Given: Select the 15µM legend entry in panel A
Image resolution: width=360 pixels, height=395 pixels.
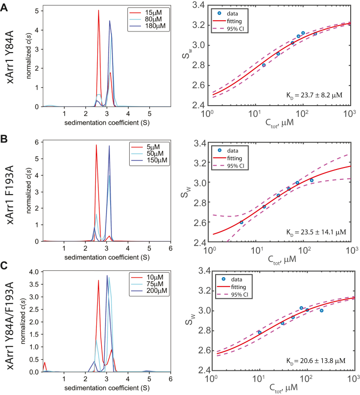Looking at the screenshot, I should pyautogui.click(x=154, y=11).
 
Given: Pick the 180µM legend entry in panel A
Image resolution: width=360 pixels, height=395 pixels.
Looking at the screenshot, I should pyautogui.click(x=155, y=27).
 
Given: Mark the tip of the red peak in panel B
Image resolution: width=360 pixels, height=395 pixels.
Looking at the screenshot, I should pyautogui.click(x=96, y=145).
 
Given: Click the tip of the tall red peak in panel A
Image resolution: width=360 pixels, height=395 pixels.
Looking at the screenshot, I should pyautogui.click(x=99, y=10).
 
